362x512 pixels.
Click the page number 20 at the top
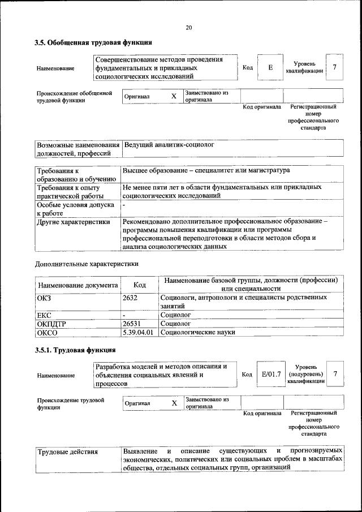188,27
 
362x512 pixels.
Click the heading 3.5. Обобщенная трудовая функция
93,43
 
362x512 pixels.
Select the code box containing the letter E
270,68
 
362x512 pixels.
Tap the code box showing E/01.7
271,374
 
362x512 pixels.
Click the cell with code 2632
131,297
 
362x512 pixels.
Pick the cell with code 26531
132,324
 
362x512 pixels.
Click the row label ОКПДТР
52,324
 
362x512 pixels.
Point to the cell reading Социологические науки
198,333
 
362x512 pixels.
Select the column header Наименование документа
78,286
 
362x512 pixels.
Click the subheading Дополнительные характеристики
87,264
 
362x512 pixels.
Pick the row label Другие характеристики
74,222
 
